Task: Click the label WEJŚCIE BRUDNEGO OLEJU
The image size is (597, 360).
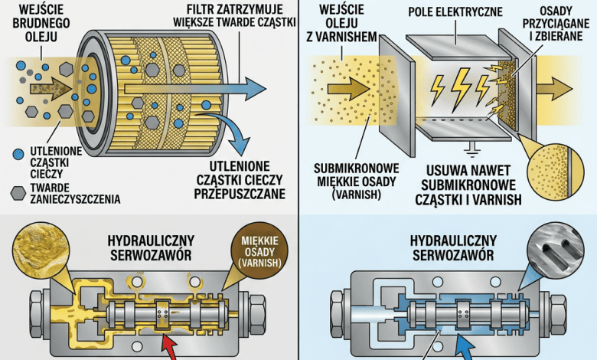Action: (41, 23)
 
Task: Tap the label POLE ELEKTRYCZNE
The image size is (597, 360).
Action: (455, 11)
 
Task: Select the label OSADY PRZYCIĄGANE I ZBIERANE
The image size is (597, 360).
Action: (556, 24)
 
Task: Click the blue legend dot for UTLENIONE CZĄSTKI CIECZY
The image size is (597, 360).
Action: (18, 154)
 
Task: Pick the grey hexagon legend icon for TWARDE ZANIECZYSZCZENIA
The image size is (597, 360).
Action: (18, 193)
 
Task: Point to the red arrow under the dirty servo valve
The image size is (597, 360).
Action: (170, 348)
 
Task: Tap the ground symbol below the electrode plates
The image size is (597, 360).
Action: (471, 149)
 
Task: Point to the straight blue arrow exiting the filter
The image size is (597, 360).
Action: (195, 89)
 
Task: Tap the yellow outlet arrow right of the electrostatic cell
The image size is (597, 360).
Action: (554, 88)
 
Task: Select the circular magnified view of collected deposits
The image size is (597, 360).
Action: (556, 172)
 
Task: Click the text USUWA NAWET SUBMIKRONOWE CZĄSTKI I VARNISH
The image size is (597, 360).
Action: (468, 185)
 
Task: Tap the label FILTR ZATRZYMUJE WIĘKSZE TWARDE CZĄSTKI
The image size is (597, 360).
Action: (234, 15)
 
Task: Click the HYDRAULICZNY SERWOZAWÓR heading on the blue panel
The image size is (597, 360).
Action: (453, 247)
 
